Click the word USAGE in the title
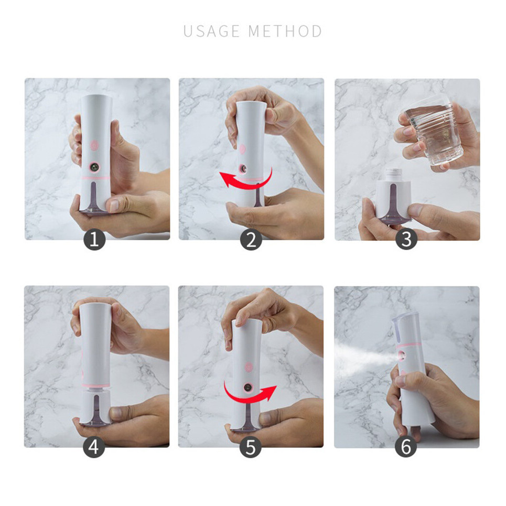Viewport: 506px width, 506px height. tap(212, 31)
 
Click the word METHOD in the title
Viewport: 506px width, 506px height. tap(285, 31)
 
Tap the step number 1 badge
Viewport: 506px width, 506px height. tap(94, 240)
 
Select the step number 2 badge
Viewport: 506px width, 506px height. tap(251, 240)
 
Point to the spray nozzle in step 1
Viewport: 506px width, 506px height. tap(94, 167)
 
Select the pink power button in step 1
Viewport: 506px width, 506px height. tap(94, 145)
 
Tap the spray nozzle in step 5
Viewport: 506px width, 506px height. tap(247, 387)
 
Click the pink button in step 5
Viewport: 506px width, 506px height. tap(249, 367)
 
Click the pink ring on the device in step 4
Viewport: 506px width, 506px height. tap(94, 386)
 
